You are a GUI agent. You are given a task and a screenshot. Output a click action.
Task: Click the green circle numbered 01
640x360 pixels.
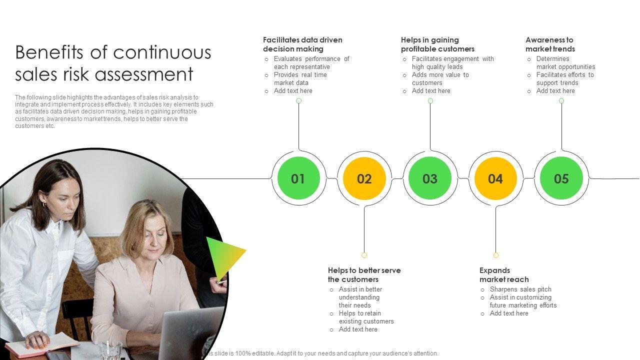click(x=298, y=178)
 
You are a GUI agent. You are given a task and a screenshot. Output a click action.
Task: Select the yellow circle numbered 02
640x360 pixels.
click(x=364, y=178)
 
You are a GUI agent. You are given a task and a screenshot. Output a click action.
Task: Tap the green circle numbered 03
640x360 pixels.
click(x=430, y=178)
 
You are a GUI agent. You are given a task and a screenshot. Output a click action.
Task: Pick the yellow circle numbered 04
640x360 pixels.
click(x=495, y=178)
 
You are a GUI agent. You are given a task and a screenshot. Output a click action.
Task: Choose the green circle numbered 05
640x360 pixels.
click(x=561, y=178)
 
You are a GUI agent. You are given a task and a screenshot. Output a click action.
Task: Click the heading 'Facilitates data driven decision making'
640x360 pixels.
click(x=302, y=44)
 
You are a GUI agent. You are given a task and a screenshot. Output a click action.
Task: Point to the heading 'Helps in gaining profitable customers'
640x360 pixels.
click(x=437, y=44)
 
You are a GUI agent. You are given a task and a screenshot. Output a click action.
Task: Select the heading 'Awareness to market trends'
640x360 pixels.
click(x=550, y=44)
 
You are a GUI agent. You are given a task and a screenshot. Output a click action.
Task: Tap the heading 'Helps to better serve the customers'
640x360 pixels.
click(x=364, y=275)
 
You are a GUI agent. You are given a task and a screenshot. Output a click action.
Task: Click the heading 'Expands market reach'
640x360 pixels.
click(x=503, y=275)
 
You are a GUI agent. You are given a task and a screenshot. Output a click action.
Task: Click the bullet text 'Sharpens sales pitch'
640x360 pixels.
click(x=520, y=289)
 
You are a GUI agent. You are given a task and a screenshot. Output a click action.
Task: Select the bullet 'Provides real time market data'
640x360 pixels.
click(x=300, y=78)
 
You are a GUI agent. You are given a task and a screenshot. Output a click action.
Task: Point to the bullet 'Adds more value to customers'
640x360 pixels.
click(x=440, y=78)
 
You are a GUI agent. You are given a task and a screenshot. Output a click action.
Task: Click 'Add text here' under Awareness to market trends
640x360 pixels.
click(x=555, y=91)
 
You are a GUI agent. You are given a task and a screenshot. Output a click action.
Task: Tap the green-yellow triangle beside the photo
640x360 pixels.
click(x=223, y=256)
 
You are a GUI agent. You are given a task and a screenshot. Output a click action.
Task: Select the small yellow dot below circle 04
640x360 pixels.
click(x=496, y=255)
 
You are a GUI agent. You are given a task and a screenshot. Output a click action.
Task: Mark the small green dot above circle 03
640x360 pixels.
click(x=430, y=101)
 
